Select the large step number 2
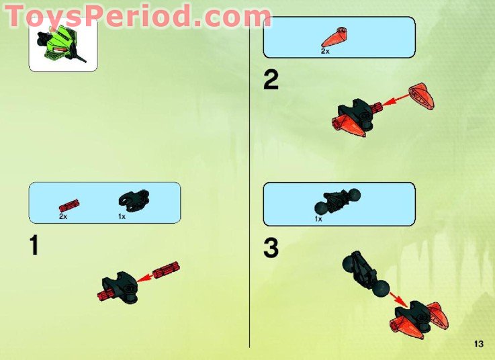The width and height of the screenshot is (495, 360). (271, 81)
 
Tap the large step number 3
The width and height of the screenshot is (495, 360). (271, 248)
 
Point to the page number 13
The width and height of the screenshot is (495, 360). (478, 344)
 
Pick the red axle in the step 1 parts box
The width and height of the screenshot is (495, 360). (70, 204)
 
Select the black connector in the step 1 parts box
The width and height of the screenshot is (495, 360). (134, 199)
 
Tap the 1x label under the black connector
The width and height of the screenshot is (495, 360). (122, 217)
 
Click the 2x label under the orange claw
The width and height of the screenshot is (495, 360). (325, 50)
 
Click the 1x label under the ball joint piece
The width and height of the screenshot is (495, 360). (318, 218)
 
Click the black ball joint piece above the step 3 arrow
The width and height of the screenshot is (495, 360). (367, 276)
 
